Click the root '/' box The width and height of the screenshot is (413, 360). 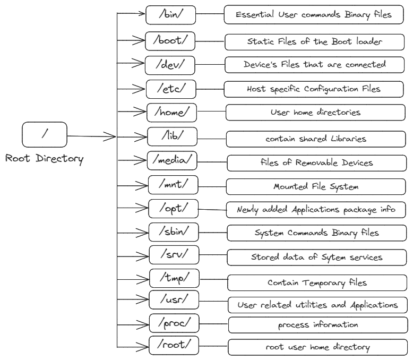45,134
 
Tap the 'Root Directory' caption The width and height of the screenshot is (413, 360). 45,159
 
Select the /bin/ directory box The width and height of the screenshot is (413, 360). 170,15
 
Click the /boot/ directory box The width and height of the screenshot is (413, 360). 170,40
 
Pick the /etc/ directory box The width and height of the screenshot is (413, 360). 171,89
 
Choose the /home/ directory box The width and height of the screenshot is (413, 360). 171,113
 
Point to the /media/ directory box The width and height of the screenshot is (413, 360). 172,160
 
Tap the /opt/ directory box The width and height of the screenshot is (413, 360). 173,209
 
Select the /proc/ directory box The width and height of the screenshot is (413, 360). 174,322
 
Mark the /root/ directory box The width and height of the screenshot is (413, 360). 174,346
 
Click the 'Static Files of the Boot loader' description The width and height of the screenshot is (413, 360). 315,41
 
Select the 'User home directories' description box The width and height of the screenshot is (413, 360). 315,113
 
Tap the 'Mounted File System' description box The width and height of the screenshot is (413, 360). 316,187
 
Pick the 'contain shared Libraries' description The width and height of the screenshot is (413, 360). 316,139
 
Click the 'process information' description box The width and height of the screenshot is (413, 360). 317,324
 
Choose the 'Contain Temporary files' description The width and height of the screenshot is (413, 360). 317,282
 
